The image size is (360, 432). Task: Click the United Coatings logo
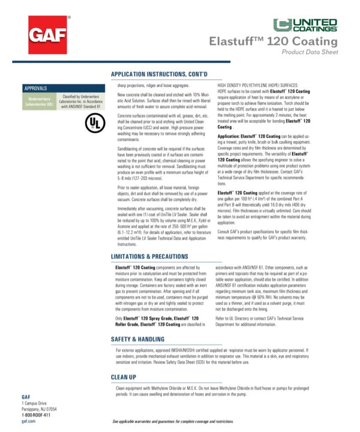coord(305,25)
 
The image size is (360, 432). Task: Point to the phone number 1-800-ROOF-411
coord(36,415)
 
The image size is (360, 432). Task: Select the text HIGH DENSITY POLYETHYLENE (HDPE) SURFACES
coord(262,86)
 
